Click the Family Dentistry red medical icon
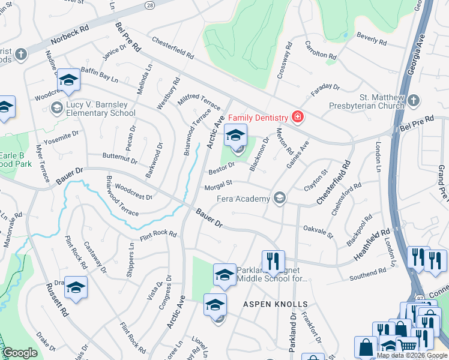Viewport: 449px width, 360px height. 296,116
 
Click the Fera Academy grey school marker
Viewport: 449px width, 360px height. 279,197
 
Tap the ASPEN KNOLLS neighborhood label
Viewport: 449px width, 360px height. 275,304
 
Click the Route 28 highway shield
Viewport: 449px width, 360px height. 150,4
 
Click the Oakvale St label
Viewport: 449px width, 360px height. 318,230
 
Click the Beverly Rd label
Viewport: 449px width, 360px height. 372,38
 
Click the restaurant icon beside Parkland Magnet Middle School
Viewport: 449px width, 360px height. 273,260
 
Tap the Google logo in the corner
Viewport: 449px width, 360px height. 20,353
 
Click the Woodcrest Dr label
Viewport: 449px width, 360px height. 133,192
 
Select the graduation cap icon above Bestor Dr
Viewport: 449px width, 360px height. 235,134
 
